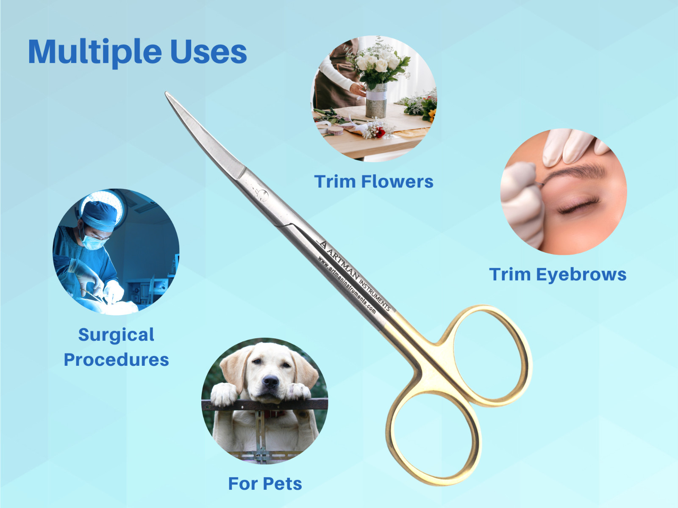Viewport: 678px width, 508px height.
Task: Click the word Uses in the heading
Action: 208,52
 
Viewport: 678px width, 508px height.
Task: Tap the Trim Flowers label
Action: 374,181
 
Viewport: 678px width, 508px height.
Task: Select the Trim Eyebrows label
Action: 558,274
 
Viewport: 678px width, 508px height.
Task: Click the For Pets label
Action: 265,483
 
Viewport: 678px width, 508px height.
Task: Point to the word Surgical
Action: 116,335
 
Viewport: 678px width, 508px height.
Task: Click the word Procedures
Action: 117,360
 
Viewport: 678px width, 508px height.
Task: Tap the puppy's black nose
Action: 271,381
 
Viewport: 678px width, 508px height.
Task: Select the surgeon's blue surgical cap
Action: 100,215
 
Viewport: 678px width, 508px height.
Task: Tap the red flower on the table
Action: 380,133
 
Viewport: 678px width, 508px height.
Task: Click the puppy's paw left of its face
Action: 224,394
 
